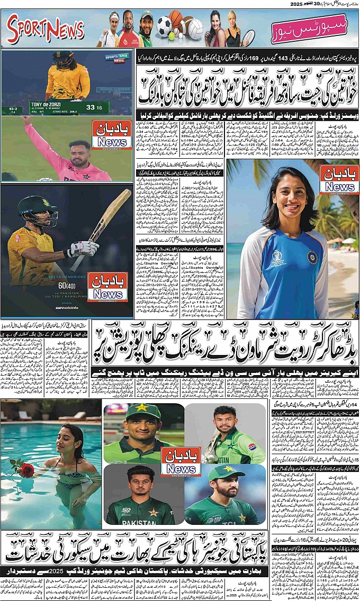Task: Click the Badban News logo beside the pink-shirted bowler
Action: tap(111, 134)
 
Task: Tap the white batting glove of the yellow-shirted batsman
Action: tap(84, 248)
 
